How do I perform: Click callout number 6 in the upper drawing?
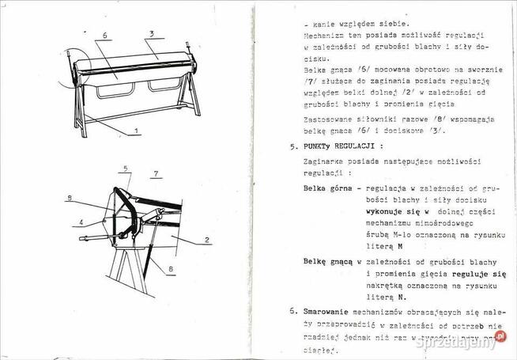(105, 36)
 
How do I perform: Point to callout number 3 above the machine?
(149, 33)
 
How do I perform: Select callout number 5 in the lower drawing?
(124, 169)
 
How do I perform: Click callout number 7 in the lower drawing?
(156, 172)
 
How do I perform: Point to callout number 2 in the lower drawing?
(206, 239)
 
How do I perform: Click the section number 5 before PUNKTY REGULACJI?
(292, 146)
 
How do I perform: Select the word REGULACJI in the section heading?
(363, 146)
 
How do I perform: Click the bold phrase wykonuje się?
(390, 212)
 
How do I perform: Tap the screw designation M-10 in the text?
(389, 235)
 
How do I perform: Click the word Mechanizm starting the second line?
(327, 36)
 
